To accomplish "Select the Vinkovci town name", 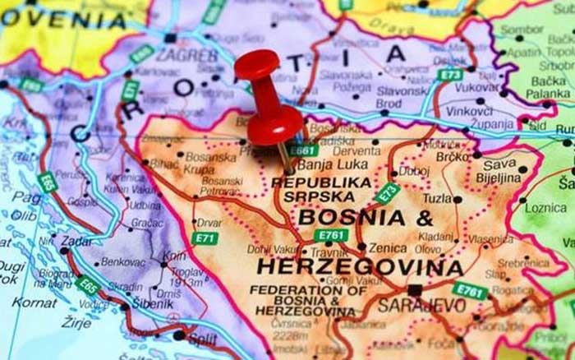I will (470, 111).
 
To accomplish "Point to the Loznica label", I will (545, 208).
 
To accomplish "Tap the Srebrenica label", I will (523, 263).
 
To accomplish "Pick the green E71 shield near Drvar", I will (205, 238).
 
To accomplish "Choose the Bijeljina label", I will (499, 177).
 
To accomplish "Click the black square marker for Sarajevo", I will (415, 289).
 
